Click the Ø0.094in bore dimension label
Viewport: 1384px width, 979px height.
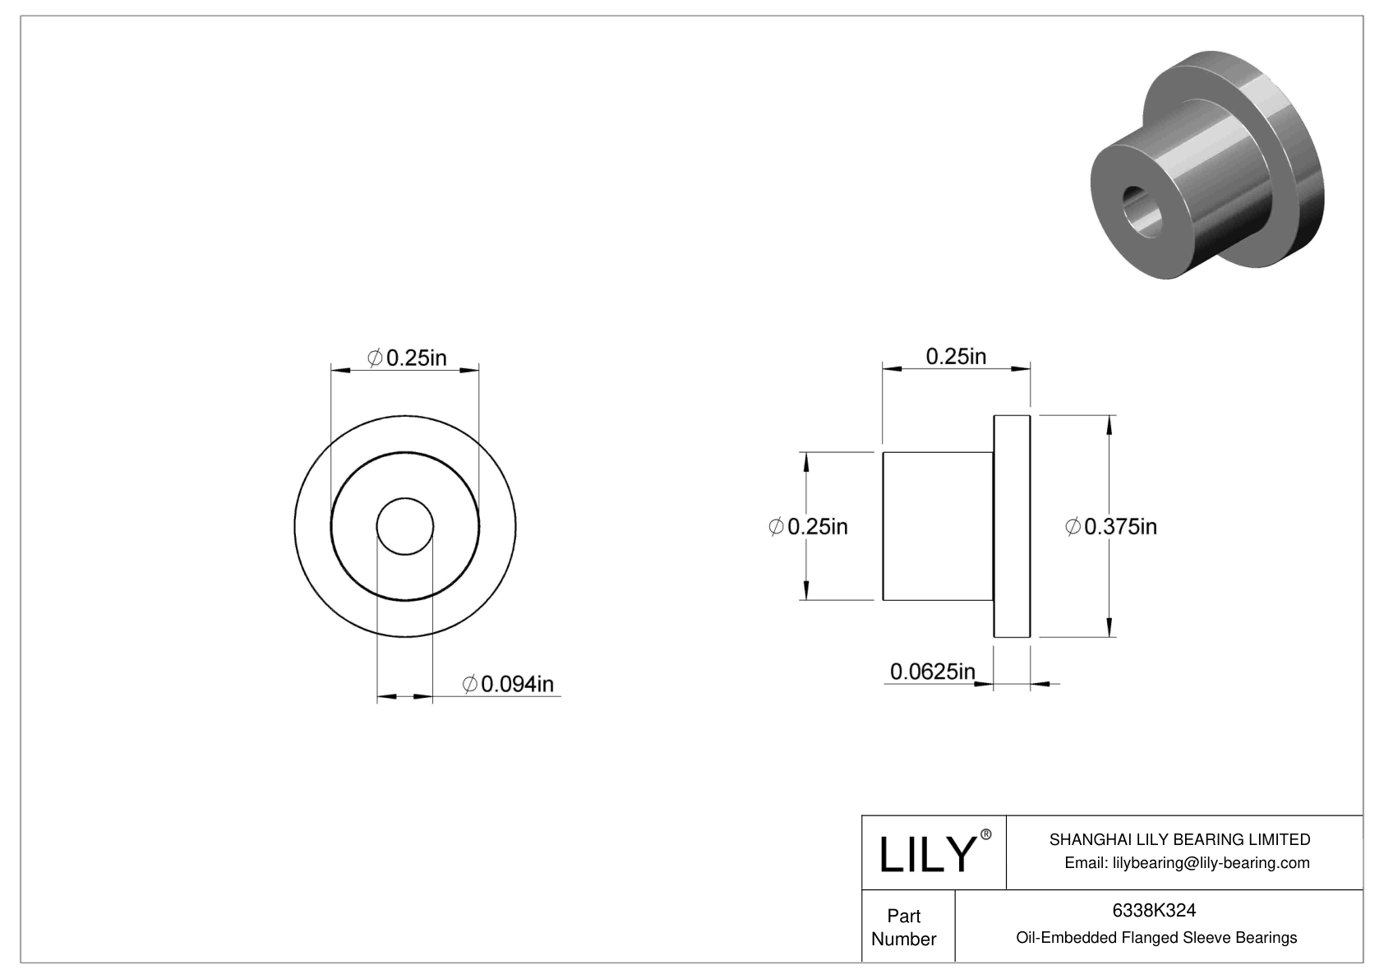click(x=509, y=683)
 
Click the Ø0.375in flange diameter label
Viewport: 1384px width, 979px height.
click(x=1110, y=526)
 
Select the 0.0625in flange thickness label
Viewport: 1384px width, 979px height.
click(x=932, y=672)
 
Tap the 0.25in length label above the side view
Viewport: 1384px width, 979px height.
click(x=956, y=356)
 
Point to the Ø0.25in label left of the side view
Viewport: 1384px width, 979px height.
click(x=808, y=526)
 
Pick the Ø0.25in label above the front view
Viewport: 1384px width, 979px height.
click(x=407, y=358)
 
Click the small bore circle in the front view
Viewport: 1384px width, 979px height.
click(x=404, y=526)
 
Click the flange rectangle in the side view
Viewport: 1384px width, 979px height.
click(x=1012, y=526)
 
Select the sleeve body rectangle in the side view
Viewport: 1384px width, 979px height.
click(x=938, y=526)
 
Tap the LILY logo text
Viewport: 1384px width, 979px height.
click(x=926, y=854)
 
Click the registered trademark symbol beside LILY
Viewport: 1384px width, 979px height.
click(x=986, y=835)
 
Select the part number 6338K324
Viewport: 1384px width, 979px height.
click(x=1154, y=910)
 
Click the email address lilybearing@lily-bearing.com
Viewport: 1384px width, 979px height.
click(x=1211, y=862)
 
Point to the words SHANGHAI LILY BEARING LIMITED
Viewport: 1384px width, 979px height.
click(x=1179, y=839)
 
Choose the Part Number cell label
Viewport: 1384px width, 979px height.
click(x=904, y=927)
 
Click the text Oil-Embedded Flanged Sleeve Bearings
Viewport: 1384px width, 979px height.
click(x=1156, y=937)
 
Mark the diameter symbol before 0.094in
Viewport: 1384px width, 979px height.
click(x=470, y=684)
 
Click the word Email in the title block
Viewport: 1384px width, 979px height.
click(x=1084, y=862)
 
